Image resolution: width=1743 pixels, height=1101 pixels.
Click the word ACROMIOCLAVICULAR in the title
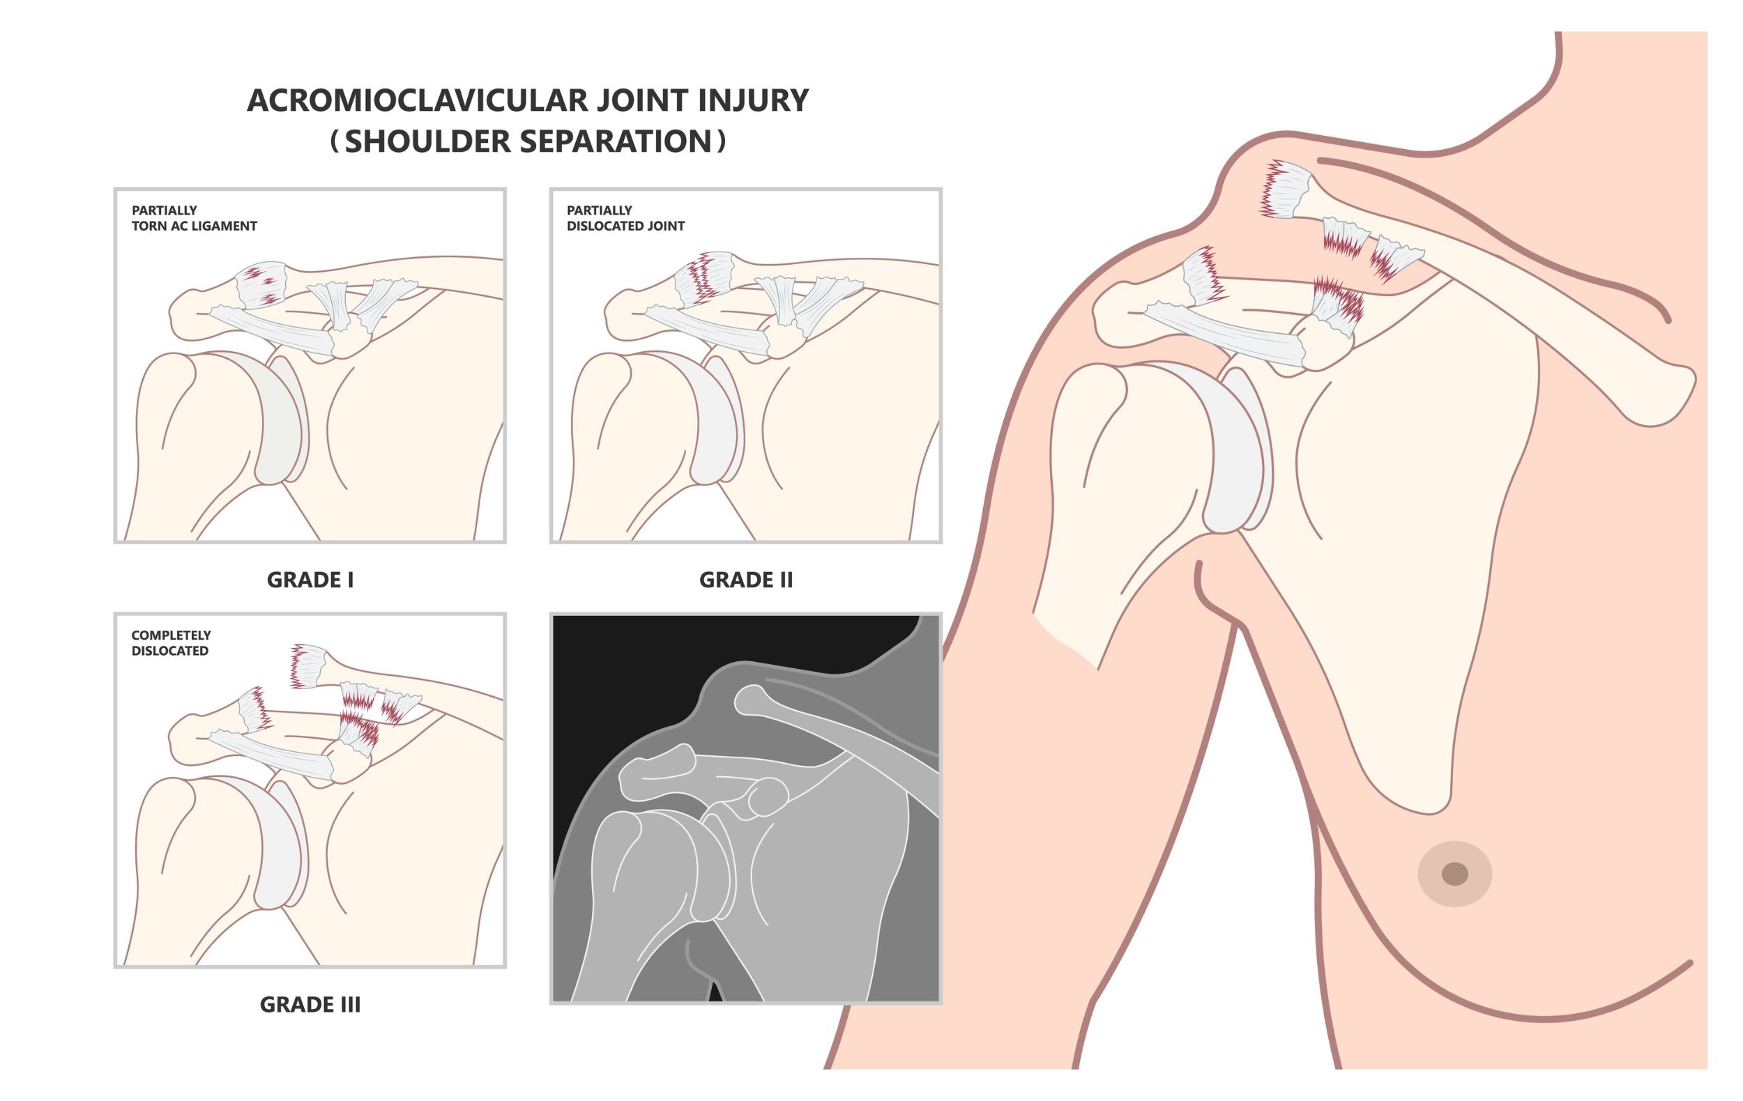click(x=418, y=100)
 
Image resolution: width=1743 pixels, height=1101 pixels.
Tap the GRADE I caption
click(x=310, y=580)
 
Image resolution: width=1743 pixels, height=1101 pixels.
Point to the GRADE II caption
click(x=745, y=580)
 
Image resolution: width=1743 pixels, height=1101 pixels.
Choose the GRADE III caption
click(x=310, y=1004)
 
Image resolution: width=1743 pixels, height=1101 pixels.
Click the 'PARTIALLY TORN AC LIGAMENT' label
click(x=194, y=217)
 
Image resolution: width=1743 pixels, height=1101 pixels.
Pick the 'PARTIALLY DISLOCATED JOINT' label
click(x=625, y=217)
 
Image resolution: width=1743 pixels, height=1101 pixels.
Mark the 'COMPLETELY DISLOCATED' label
click(x=171, y=642)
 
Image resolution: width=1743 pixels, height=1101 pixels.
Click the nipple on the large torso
click(x=1454, y=874)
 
